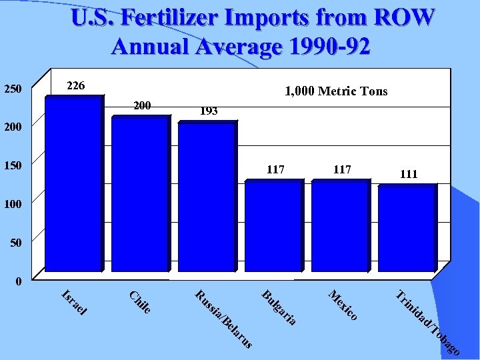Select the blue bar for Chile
[x=139, y=194]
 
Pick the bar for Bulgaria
[x=272, y=227]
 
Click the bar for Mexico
[x=339, y=227]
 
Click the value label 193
[x=209, y=111]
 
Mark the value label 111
[x=409, y=174]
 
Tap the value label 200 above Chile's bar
[x=142, y=105]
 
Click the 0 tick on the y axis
[x=19, y=282]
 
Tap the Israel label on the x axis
[x=74, y=302]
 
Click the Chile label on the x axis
[x=140, y=302]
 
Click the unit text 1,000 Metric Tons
[x=335, y=91]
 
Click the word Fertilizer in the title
[x=176, y=18]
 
